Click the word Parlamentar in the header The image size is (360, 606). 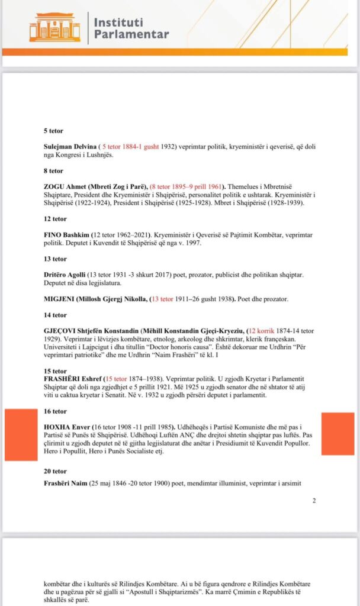pos(131,34)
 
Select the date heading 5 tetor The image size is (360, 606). pos(54,130)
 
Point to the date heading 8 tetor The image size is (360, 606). pos(54,170)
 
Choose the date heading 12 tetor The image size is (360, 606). pos(56,218)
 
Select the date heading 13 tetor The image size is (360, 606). pos(56,259)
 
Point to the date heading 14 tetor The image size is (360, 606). pos(56,315)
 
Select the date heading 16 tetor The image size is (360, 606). pos(56,411)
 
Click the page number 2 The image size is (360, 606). pos(314,501)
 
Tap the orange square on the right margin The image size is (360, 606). pos(337,434)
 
